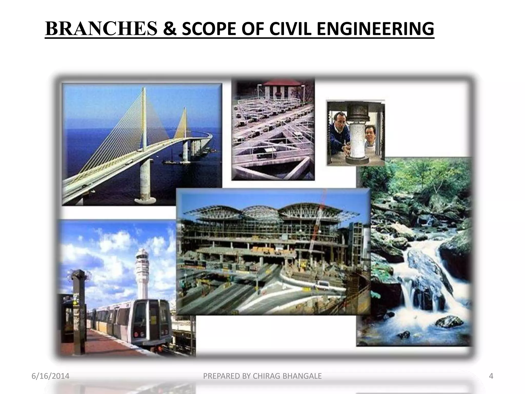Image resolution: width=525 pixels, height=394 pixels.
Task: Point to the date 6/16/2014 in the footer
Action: coord(51,376)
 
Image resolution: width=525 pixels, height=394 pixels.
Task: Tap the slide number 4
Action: coord(491,376)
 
